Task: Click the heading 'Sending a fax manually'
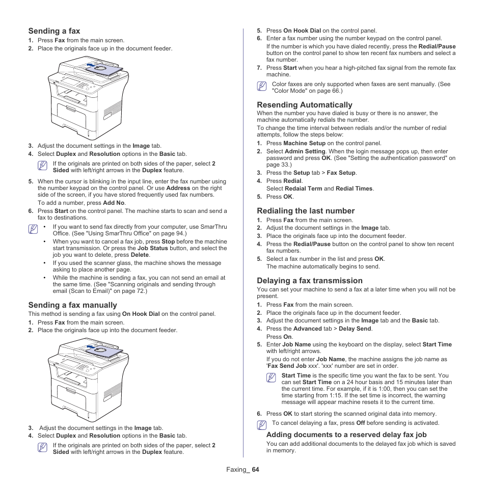click(x=72, y=305)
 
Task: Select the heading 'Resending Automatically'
click(x=304, y=105)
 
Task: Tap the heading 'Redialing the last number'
click(x=306, y=211)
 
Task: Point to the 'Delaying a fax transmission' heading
click(x=310, y=281)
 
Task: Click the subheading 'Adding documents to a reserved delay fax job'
click(x=346, y=435)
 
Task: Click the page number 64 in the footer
click(x=255, y=469)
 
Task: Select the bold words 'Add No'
click(x=114, y=203)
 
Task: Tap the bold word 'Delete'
click(x=140, y=255)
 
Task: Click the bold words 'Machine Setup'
click(x=304, y=144)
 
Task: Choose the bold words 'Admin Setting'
click(x=305, y=151)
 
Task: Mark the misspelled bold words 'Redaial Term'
click(x=303, y=188)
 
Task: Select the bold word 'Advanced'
click(x=307, y=329)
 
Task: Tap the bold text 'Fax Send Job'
click(x=287, y=366)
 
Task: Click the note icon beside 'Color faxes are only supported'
click(x=262, y=87)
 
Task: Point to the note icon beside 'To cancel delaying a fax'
click(x=262, y=424)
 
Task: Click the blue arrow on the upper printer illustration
click(x=91, y=65)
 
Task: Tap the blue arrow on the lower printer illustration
click(x=91, y=347)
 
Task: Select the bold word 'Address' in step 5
click(x=178, y=188)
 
